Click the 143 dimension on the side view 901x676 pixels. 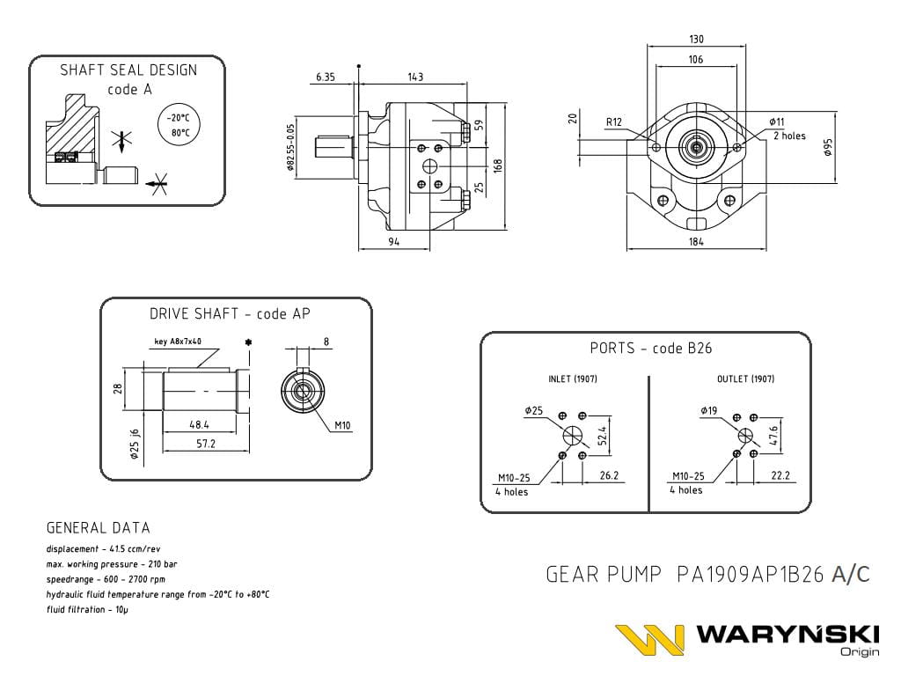(415, 77)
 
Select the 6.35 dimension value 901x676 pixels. (325, 77)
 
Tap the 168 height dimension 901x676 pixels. (497, 165)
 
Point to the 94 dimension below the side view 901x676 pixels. (393, 241)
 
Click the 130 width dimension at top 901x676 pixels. (696, 39)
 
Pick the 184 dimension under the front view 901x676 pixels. (696, 241)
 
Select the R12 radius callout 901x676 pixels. (614, 121)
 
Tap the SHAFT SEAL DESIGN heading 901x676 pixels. (128, 70)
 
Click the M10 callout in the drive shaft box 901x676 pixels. (342, 426)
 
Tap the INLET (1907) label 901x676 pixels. (573, 379)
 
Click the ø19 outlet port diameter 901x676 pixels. (709, 410)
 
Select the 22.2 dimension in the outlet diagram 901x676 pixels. (779, 475)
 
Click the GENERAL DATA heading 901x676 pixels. (98, 528)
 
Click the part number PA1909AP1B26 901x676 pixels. (751, 575)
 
